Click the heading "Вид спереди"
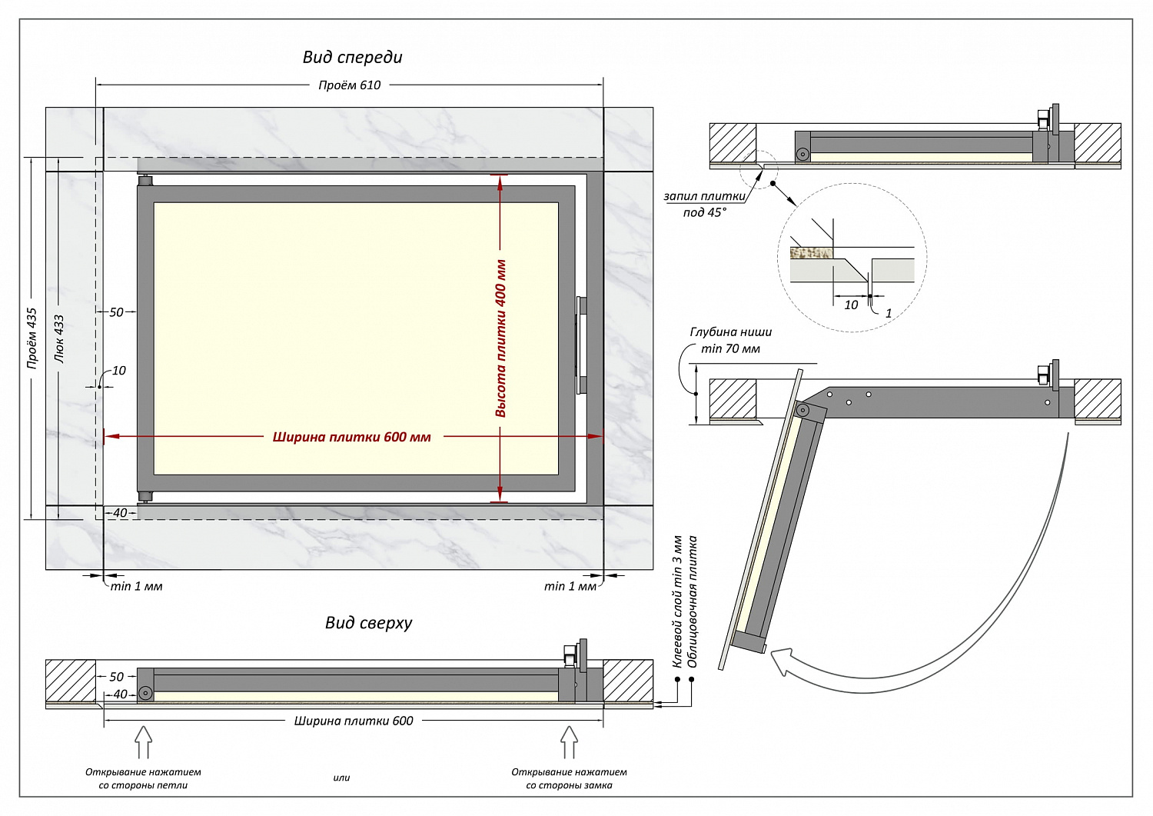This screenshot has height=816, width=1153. pyautogui.click(x=352, y=57)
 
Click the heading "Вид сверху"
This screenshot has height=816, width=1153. pyautogui.click(x=368, y=623)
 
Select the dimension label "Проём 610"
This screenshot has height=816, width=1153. pyautogui.click(x=349, y=85)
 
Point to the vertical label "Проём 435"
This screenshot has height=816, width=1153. pyautogui.click(x=32, y=338)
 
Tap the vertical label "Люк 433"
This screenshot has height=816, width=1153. pyautogui.click(x=59, y=338)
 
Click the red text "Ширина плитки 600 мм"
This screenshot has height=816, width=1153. pyautogui.click(x=351, y=437)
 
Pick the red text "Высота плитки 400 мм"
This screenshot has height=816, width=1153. pyautogui.click(x=500, y=338)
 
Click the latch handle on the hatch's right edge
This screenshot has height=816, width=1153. pyautogui.click(x=581, y=345)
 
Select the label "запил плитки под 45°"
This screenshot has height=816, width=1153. pyautogui.click(x=704, y=205)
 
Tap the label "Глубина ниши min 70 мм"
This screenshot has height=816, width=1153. pyautogui.click(x=730, y=340)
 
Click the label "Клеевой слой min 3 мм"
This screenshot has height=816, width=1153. pyautogui.click(x=677, y=601)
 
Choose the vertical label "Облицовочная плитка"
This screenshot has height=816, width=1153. pyautogui.click(x=693, y=601)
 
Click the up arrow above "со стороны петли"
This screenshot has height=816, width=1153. pyautogui.click(x=143, y=743)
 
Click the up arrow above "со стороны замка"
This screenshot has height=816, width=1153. pyautogui.click(x=569, y=743)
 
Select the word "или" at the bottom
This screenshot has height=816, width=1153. pyautogui.click(x=341, y=778)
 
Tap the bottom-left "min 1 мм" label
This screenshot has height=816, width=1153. pyautogui.click(x=136, y=586)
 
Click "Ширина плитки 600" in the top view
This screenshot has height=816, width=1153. pyautogui.click(x=354, y=721)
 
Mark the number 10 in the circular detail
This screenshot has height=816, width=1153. pyautogui.click(x=851, y=305)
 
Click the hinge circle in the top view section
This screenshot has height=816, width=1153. pyautogui.click(x=145, y=693)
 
